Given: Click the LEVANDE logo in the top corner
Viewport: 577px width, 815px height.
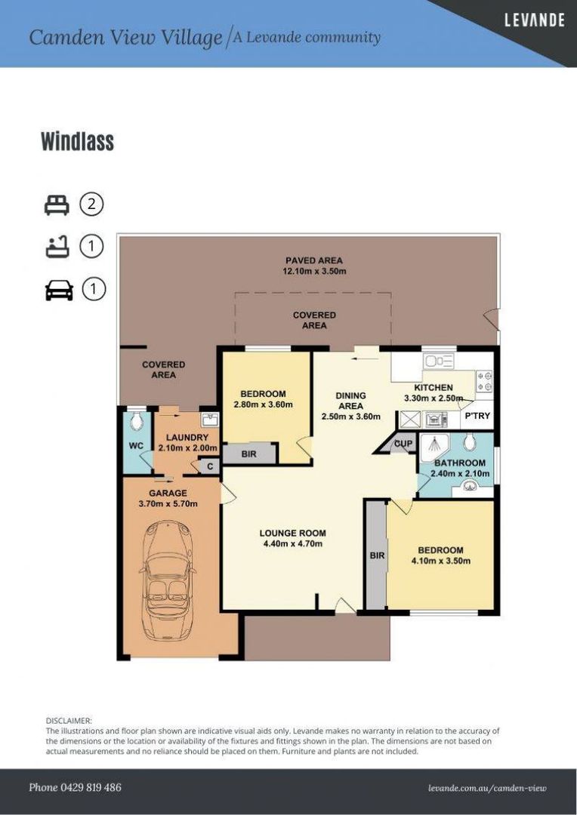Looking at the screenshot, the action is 534,20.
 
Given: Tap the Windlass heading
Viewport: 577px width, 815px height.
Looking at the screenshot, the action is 78,141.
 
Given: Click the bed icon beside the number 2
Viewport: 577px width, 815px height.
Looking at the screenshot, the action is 57,205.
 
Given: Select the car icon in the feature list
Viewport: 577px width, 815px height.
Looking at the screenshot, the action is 59,290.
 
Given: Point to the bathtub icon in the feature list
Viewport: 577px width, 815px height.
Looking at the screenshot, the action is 57,247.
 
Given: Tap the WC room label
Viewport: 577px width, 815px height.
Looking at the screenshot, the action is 136,446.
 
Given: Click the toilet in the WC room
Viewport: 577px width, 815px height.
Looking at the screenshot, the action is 136,420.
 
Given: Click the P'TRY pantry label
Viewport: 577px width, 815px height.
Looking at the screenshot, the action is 477,416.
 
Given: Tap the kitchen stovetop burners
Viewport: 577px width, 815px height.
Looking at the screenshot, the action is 484,380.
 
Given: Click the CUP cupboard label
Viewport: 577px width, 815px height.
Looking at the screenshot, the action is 403,444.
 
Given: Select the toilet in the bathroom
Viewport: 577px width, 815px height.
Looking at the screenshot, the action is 469,441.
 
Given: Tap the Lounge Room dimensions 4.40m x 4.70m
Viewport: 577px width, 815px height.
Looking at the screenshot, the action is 293,543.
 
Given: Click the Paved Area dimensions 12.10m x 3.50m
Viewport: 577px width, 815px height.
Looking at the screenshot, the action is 314,271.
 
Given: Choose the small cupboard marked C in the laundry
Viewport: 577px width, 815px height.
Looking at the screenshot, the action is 210,466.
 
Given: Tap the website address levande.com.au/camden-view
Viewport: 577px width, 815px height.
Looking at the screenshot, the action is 488,789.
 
